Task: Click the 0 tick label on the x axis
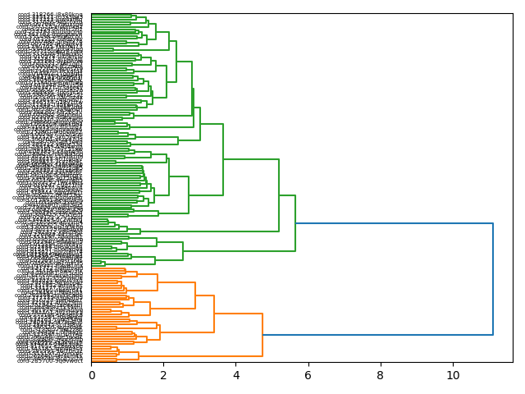click(x=92, y=375)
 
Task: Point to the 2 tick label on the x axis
click(x=164, y=375)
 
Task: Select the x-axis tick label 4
click(x=236, y=375)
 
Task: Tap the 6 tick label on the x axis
click(x=308, y=375)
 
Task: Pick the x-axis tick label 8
click(x=381, y=375)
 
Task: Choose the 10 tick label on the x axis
click(x=453, y=375)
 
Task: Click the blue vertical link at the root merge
click(x=493, y=279)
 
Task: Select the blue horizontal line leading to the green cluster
click(x=394, y=223)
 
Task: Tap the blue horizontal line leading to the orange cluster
click(x=377, y=335)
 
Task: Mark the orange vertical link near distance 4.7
click(x=262, y=335)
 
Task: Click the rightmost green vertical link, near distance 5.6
click(x=295, y=223)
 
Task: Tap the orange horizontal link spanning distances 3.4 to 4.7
click(x=238, y=314)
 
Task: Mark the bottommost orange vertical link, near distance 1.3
click(x=139, y=355)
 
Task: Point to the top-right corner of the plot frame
click(x=513, y=13)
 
